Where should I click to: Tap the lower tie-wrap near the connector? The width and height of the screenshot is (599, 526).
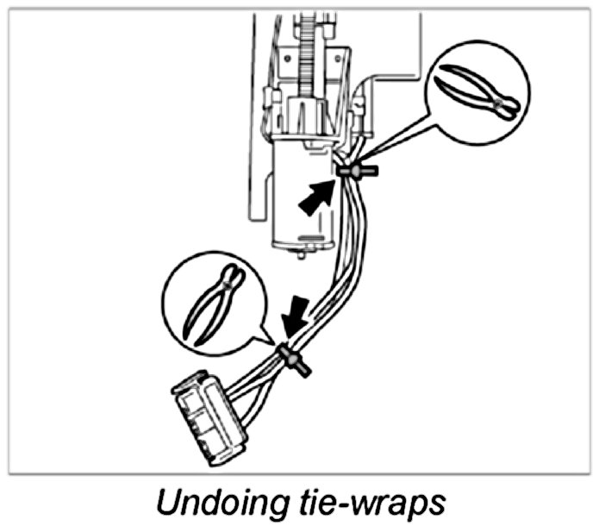click(x=290, y=356)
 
